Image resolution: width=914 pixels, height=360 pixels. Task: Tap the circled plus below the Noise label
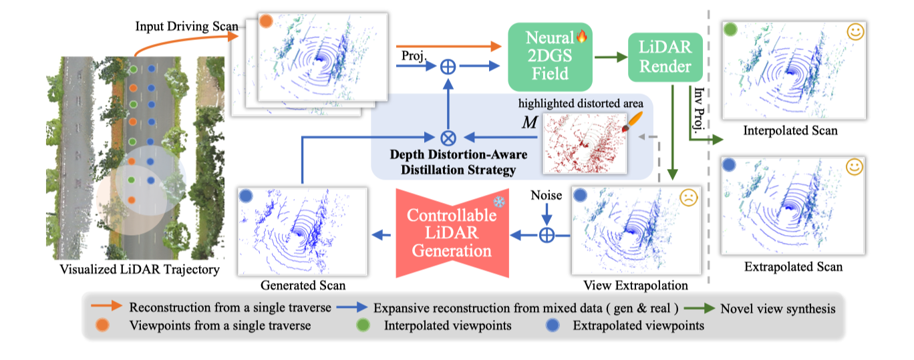[547, 234]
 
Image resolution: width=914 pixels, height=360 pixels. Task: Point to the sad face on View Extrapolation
[688, 198]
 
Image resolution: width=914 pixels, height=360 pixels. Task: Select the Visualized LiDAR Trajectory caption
[130, 270]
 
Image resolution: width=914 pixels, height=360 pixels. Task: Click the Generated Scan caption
[304, 285]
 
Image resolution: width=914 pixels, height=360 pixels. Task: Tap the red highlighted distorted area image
[583, 141]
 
